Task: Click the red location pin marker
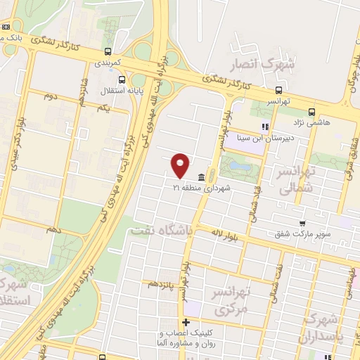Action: click(x=181, y=165)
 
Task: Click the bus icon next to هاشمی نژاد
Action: click(x=311, y=110)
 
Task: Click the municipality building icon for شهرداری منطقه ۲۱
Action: click(x=202, y=176)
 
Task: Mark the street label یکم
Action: click(x=104, y=108)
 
